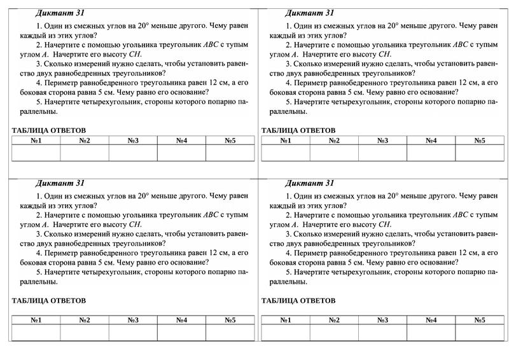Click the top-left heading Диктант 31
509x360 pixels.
60,13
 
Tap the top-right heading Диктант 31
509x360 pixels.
309,13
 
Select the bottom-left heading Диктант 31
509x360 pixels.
60,183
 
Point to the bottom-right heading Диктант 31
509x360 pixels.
309,183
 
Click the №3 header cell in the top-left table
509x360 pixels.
133,141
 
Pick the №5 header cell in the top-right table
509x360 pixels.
479,141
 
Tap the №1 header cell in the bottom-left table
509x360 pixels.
36,320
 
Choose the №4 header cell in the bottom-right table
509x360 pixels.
431,320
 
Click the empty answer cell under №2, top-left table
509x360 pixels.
85,153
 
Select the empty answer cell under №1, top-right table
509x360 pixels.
286,153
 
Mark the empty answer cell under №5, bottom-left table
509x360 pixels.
230,333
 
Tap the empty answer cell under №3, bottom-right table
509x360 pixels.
382,333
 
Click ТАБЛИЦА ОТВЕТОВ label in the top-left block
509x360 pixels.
48,130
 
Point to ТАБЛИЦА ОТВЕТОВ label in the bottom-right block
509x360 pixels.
298,301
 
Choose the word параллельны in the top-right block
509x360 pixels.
284,111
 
